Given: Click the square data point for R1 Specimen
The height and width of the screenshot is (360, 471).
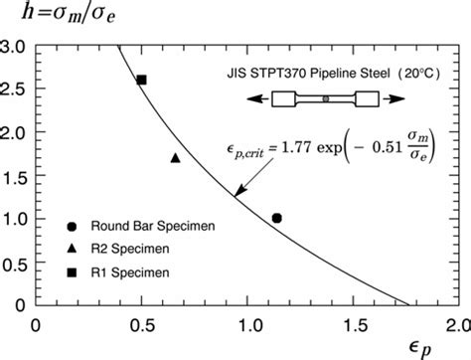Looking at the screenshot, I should click(x=141, y=80).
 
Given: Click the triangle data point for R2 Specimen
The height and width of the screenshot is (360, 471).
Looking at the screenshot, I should click(x=176, y=157).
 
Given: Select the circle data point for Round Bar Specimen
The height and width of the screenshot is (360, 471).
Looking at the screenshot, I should click(x=277, y=218).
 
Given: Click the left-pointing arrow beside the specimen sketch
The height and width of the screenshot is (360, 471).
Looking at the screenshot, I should click(x=257, y=99).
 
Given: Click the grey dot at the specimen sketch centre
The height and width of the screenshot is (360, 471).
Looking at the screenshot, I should click(x=327, y=99).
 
